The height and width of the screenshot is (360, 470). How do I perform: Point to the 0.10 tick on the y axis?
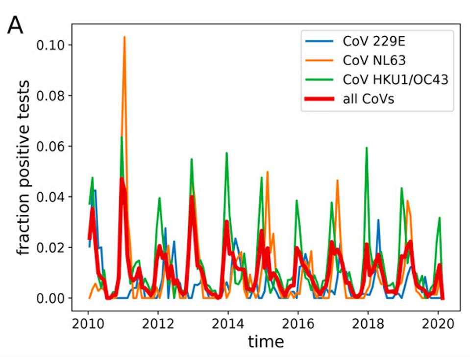53,45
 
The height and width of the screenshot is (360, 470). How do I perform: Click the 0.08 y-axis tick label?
53,96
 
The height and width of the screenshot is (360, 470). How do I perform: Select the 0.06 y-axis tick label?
53,146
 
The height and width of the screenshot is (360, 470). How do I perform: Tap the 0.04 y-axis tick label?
53,197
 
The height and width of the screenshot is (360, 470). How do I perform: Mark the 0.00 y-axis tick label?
53,298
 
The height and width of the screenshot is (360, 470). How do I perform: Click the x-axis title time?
266,341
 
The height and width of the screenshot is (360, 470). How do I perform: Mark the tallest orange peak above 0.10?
124,37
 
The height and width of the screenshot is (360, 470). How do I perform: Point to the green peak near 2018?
367,148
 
